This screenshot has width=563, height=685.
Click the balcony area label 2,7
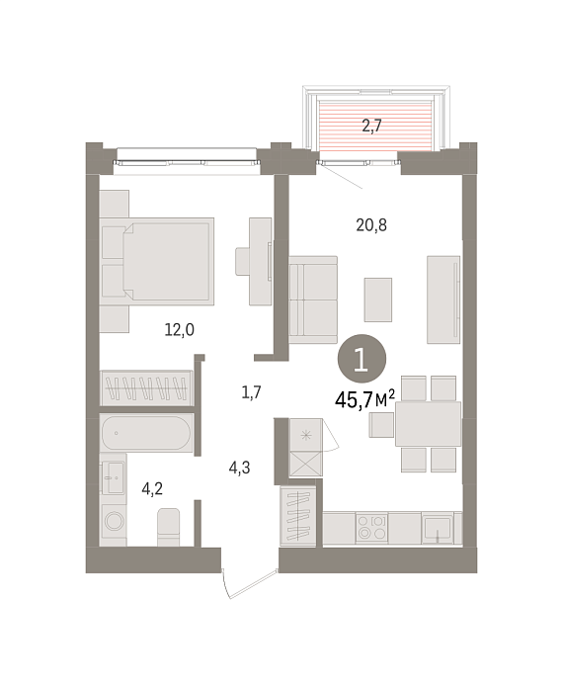[371, 126]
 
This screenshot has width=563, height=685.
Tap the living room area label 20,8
[371, 225]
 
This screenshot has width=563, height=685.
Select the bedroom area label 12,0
[180, 329]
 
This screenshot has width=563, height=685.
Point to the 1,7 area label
[252, 391]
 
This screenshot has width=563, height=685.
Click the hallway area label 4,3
[240, 468]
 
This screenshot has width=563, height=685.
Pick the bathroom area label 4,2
[152, 488]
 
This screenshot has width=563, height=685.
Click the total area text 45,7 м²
[364, 399]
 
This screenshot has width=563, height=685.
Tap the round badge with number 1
[362, 359]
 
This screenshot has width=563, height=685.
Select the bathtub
[146, 433]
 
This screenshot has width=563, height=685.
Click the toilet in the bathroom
[169, 527]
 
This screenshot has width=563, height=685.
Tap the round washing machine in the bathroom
[114, 521]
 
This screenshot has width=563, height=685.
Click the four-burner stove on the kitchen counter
[371, 527]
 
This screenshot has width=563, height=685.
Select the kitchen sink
[438, 528]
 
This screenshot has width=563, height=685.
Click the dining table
[428, 424]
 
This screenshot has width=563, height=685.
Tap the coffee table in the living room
[378, 300]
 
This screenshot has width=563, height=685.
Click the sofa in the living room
[313, 300]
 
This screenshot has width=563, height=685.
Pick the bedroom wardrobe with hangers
[146, 387]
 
